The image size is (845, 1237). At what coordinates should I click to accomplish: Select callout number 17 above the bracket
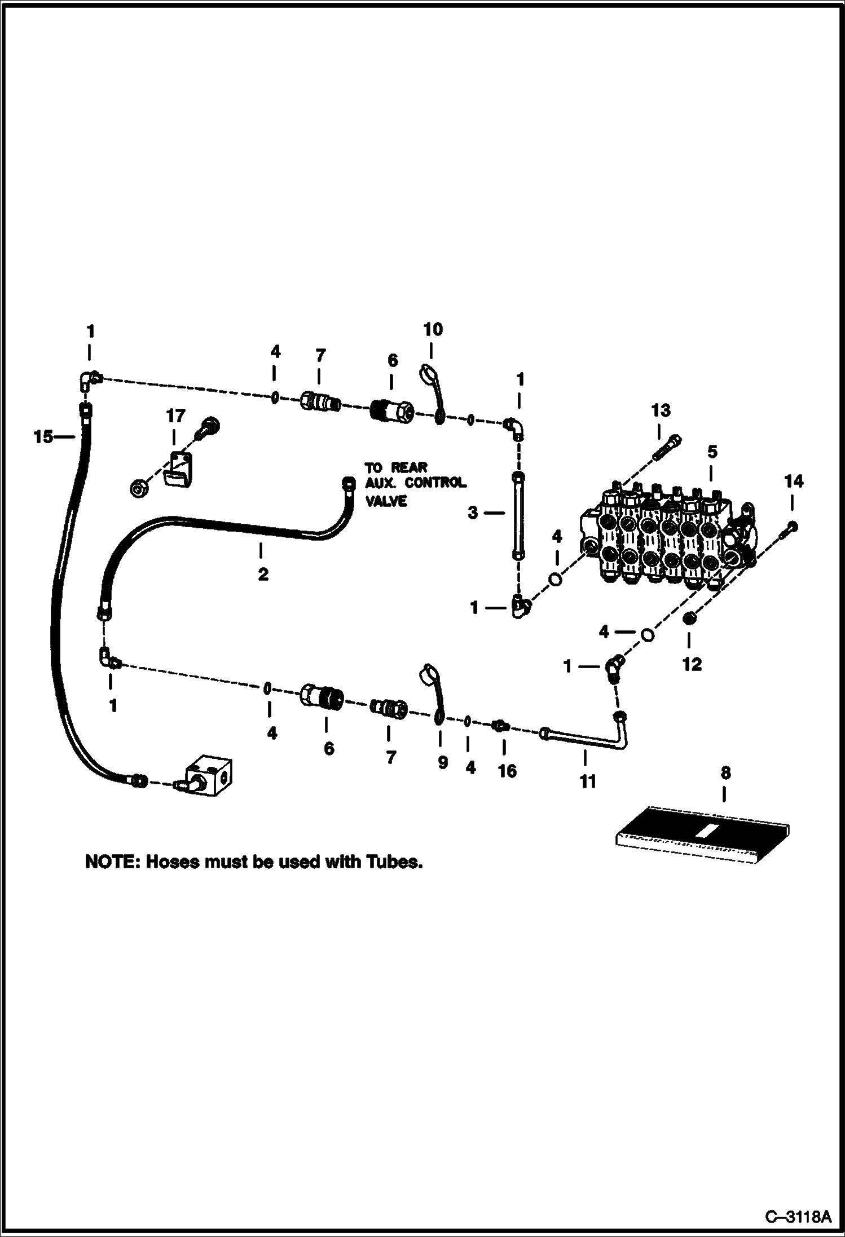point(175,416)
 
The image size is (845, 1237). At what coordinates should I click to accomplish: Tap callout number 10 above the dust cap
point(433,329)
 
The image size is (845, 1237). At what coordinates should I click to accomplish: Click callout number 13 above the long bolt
point(661,410)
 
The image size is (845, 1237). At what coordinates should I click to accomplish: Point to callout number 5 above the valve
point(712,452)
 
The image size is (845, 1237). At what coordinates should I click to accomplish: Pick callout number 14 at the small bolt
point(793,481)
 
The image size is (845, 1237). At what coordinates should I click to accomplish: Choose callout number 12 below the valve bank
point(692,664)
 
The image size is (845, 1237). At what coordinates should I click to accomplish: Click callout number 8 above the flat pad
point(725,773)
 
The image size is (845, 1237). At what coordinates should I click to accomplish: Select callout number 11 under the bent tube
point(588,781)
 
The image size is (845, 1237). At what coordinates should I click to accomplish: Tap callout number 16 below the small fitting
point(507,771)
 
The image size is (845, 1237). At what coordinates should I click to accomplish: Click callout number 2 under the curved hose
point(263,575)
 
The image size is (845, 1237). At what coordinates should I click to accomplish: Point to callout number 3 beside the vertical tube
point(473,513)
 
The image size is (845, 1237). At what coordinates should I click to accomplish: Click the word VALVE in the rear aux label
point(386,501)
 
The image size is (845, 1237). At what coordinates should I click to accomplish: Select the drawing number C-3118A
point(798,1214)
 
